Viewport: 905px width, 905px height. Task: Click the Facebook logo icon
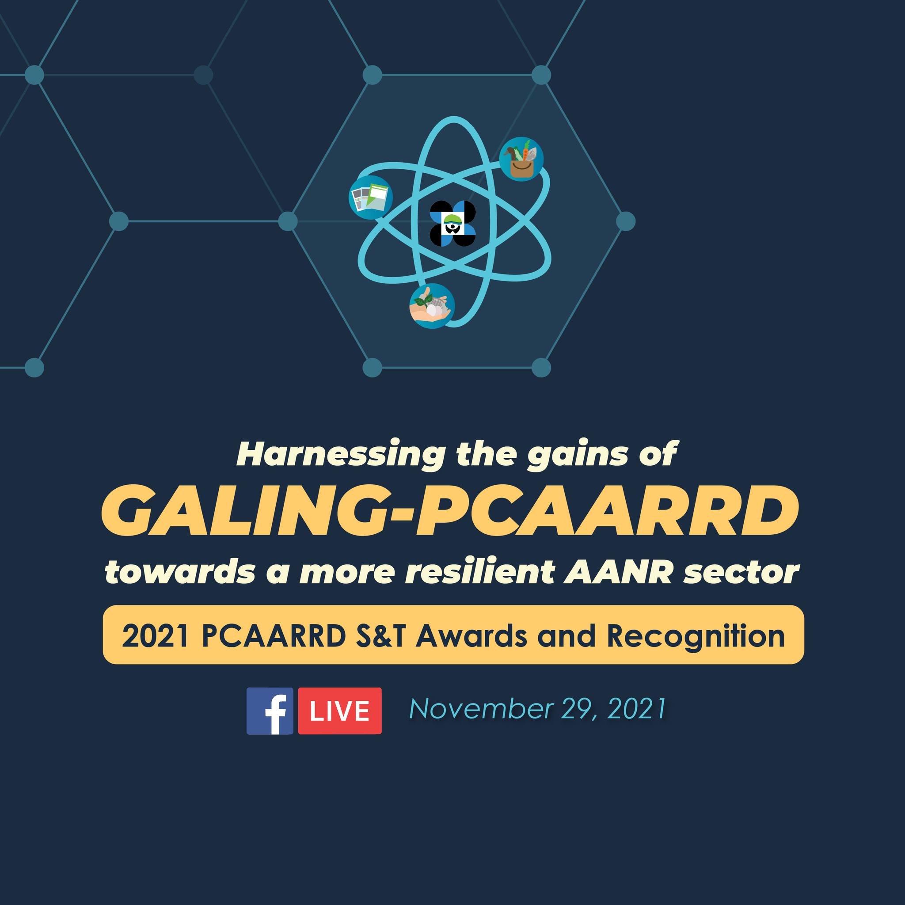[x=270, y=711]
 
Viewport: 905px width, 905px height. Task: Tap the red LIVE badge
[x=340, y=711]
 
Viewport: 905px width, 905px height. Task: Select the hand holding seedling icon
[x=432, y=305]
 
